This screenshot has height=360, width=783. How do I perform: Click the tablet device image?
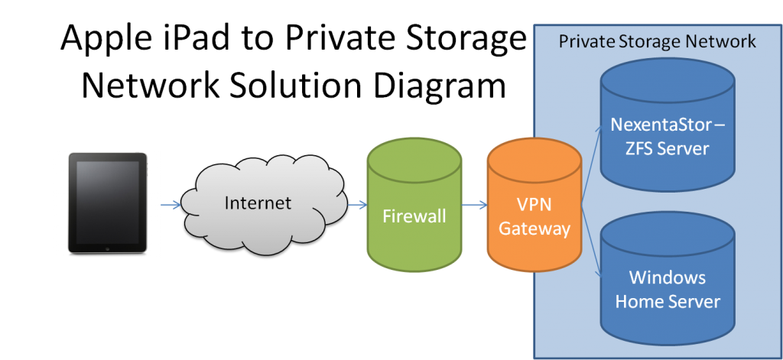pos(107,203)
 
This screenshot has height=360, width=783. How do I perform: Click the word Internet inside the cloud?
pos(258,203)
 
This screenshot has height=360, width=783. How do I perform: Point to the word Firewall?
pos(414,217)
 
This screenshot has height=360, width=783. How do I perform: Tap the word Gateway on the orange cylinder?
pos(534,229)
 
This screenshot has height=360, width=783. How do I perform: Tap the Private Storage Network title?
pos(657,41)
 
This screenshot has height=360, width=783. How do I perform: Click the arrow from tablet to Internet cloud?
pos(171,204)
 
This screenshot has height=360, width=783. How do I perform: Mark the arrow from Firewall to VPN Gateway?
pos(475,204)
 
